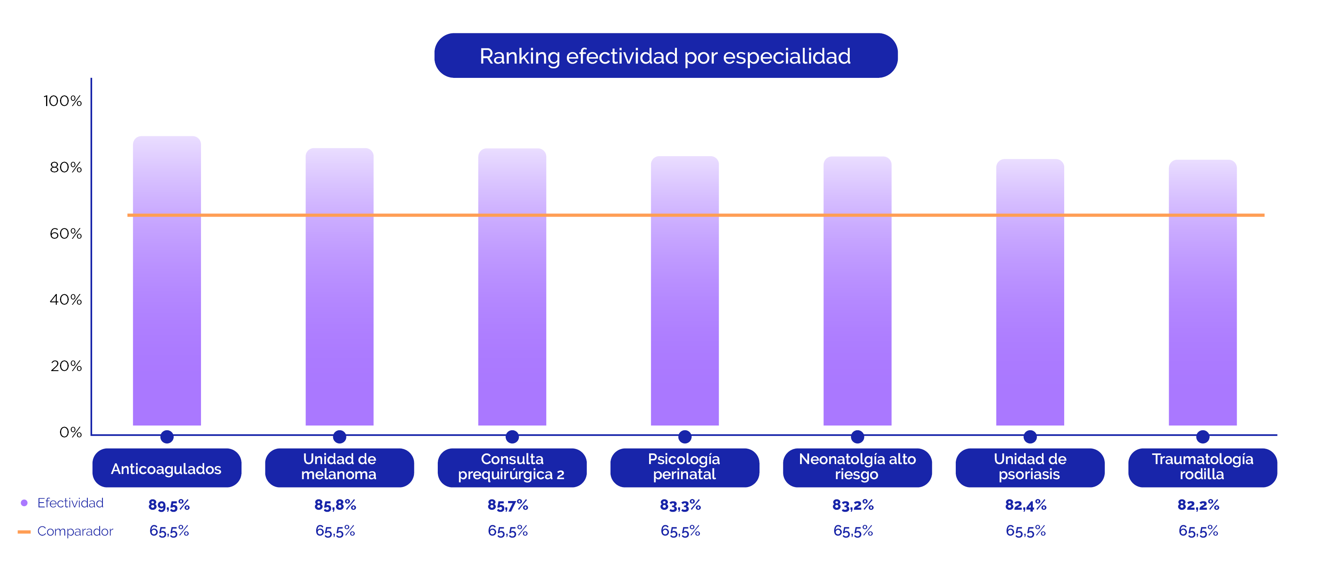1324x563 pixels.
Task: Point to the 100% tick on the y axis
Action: pos(63,101)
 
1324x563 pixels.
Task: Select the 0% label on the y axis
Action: pos(70,432)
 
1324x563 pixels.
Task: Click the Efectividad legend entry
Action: pos(70,503)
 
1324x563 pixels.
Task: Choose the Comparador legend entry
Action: pos(75,531)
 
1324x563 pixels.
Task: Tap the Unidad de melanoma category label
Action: pos(339,467)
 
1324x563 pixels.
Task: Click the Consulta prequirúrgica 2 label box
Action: pos(512,467)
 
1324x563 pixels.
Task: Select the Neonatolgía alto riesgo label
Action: pos(857,467)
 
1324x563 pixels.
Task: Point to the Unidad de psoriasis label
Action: pos(1030,467)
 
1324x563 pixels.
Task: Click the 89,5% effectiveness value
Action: pos(169,505)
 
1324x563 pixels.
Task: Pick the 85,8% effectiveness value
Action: pos(335,505)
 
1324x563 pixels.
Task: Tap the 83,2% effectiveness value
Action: pos(853,505)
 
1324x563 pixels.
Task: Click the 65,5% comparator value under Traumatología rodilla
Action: pos(1198,531)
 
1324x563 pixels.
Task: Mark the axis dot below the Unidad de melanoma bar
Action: pos(339,437)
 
